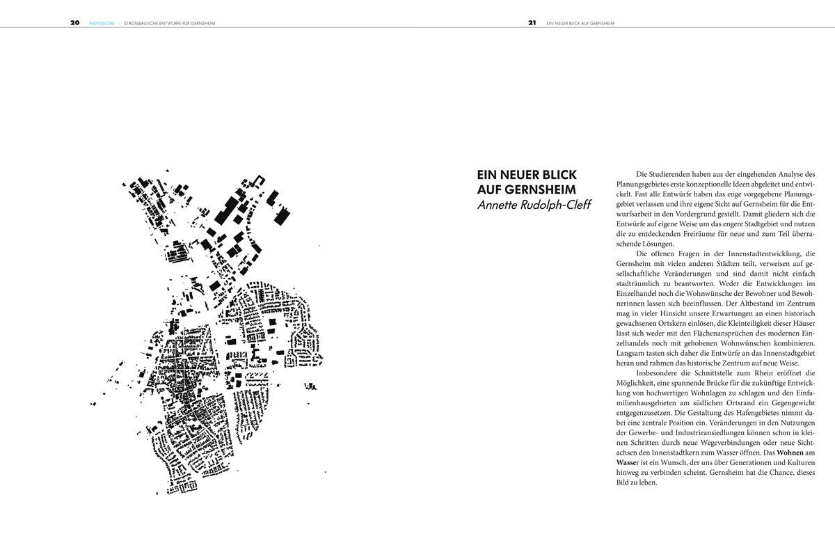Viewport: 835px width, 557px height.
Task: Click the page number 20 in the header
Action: coord(74,22)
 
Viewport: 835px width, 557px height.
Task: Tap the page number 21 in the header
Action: coord(532,22)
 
